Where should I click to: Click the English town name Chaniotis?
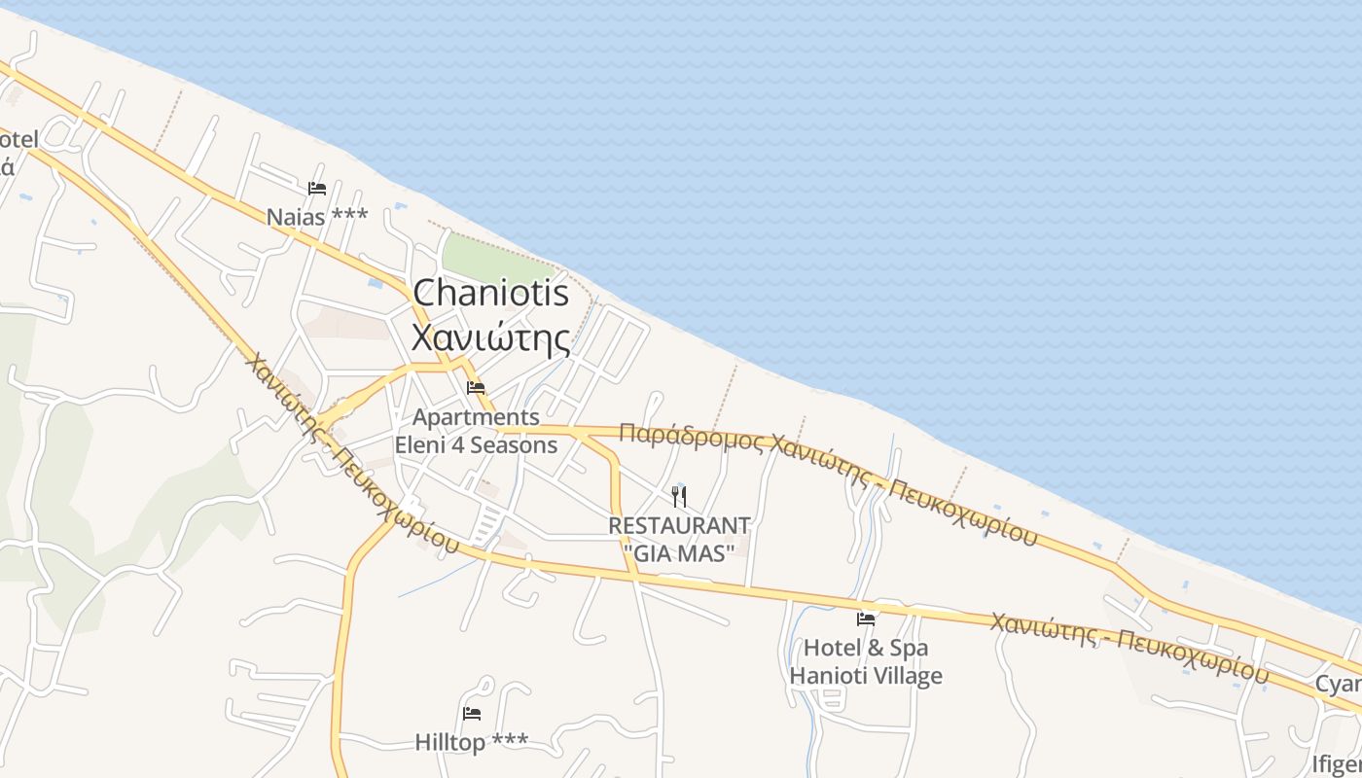click(x=490, y=293)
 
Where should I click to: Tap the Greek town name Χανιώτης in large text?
click(x=490, y=337)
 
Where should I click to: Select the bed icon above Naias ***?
click(x=316, y=189)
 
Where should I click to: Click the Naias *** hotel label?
click(x=317, y=216)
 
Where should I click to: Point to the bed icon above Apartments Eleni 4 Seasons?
click(x=476, y=388)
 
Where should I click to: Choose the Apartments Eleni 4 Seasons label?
click(x=476, y=431)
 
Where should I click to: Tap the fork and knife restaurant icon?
click(x=679, y=497)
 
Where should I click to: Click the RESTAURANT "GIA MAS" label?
click(x=679, y=539)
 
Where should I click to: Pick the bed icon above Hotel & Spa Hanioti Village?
click(x=865, y=619)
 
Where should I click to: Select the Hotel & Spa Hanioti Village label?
click(x=865, y=661)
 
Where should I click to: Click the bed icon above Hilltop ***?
click(x=472, y=714)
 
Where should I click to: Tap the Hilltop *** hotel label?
click(x=472, y=742)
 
